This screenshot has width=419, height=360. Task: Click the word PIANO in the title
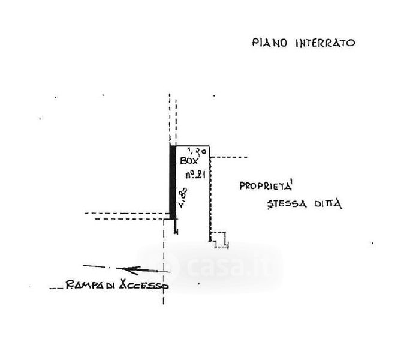tap(266, 43)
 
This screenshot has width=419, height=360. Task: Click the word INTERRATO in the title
tap(324, 43)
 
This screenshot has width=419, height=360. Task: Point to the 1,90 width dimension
tap(197, 151)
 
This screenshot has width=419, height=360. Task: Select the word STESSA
tap(285, 203)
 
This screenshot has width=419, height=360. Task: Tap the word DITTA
tap(328, 204)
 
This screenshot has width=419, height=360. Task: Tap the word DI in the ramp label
tap(112, 286)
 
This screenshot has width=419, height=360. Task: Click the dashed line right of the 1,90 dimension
tap(229, 157)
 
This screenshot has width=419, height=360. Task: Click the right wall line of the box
tap(209, 192)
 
